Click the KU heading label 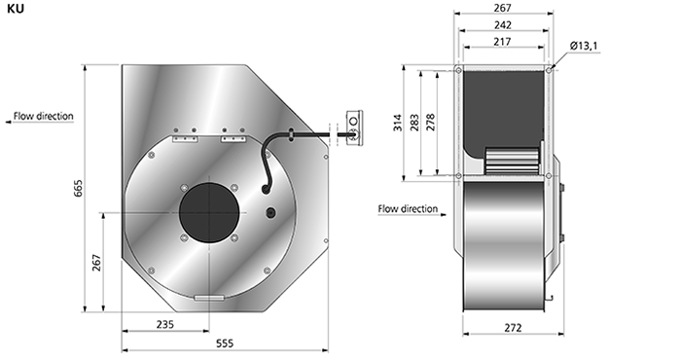[x=16, y=8]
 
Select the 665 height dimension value [x=78, y=188]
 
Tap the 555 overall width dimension [x=225, y=343]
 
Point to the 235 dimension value [x=165, y=324]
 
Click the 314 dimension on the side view [x=398, y=123]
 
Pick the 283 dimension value [x=414, y=123]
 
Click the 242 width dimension [x=503, y=25]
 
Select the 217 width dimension [x=503, y=42]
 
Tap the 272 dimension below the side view [x=513, y=328]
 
